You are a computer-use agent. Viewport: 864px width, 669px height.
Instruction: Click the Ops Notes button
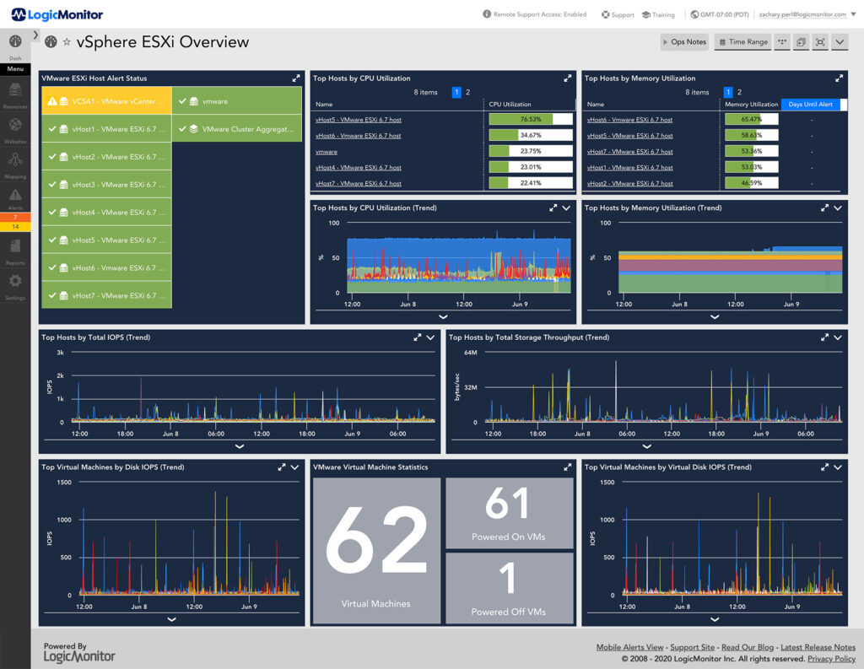click(683, 41)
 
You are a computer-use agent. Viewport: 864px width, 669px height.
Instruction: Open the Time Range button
click(742, 41)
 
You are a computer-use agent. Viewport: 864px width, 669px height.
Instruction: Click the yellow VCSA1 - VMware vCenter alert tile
click(106, 101)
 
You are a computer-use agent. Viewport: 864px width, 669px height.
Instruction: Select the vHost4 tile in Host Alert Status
click(106, 213)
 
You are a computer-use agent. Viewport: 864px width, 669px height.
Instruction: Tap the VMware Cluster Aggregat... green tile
click(236, 129)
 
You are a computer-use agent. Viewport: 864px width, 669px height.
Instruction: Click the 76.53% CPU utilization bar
click(530, 119)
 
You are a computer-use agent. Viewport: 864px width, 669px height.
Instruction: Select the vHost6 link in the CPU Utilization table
click(358, 135)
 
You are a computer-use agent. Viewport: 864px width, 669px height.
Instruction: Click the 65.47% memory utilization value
click(750, 119)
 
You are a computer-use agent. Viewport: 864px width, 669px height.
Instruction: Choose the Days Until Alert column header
click(811, 105)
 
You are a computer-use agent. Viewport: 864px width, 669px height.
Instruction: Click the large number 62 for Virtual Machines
click(376, 544)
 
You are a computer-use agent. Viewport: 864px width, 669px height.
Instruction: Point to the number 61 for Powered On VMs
click(508, 504)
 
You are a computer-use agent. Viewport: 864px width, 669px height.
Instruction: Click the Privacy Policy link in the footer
click(831, 659)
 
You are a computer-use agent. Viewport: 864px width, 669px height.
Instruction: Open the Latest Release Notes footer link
click(819, 647)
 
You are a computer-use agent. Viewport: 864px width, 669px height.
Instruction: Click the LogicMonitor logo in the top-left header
click(57, 14)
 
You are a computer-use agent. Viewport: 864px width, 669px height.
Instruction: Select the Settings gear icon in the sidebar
click(15, 282)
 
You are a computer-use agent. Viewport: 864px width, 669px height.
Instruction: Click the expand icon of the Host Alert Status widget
click(296, 78)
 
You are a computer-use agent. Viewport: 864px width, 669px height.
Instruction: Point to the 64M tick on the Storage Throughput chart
click(470, 353)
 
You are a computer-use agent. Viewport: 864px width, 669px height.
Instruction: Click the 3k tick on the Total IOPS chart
click(60, 353)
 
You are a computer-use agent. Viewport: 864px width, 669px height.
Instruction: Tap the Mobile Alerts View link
click(629, 647)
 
